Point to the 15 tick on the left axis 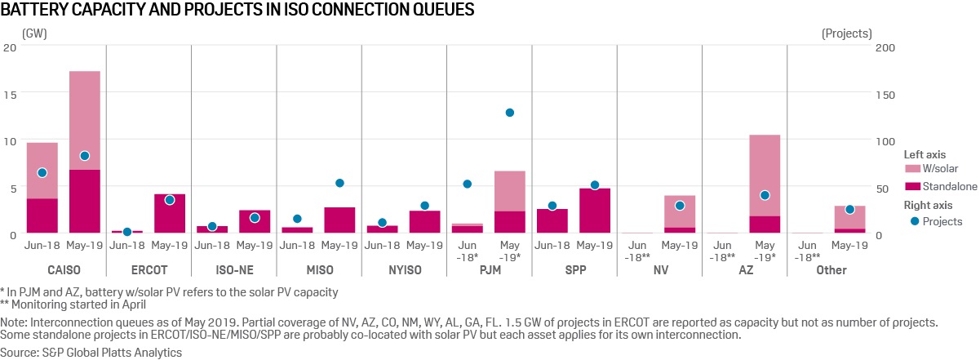tap(10, 94)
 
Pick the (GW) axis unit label tap(34, 33)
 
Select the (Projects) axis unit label tap(846, 33)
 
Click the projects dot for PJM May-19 tap(510, 113)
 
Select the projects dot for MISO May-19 tap(339, 183)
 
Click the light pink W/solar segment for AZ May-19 tap(765, 171)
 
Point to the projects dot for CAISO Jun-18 tap(42, 173)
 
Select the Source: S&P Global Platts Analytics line tap(91, 352)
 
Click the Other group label tap(831, 268)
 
